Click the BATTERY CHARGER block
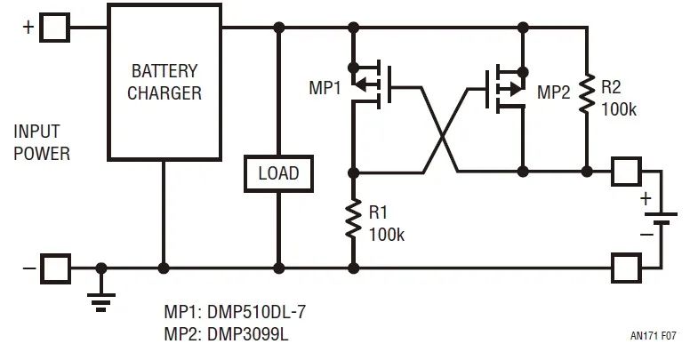(164, 82)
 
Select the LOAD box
(278, 173)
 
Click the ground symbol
(102, 298)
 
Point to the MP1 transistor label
(325, 89)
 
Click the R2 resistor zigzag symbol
(586, 93)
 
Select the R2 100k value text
(619, 108)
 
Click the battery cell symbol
(659, 219)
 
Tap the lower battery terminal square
(626, 266)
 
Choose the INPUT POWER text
(42, 142)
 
